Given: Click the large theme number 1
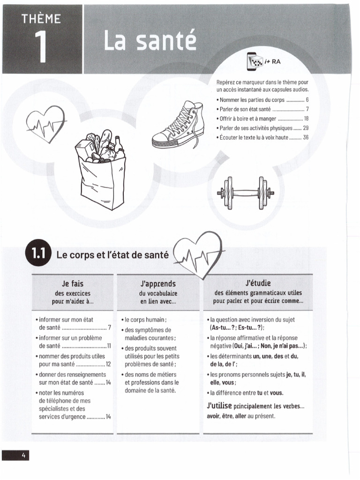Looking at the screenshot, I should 42,48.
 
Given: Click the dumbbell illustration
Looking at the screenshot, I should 243,192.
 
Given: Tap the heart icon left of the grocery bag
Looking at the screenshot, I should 46,126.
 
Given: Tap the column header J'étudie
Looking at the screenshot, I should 258,283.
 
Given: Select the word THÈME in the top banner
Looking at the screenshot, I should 41,19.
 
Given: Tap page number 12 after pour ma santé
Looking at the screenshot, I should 108,364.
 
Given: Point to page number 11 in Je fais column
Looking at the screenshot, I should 109,346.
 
